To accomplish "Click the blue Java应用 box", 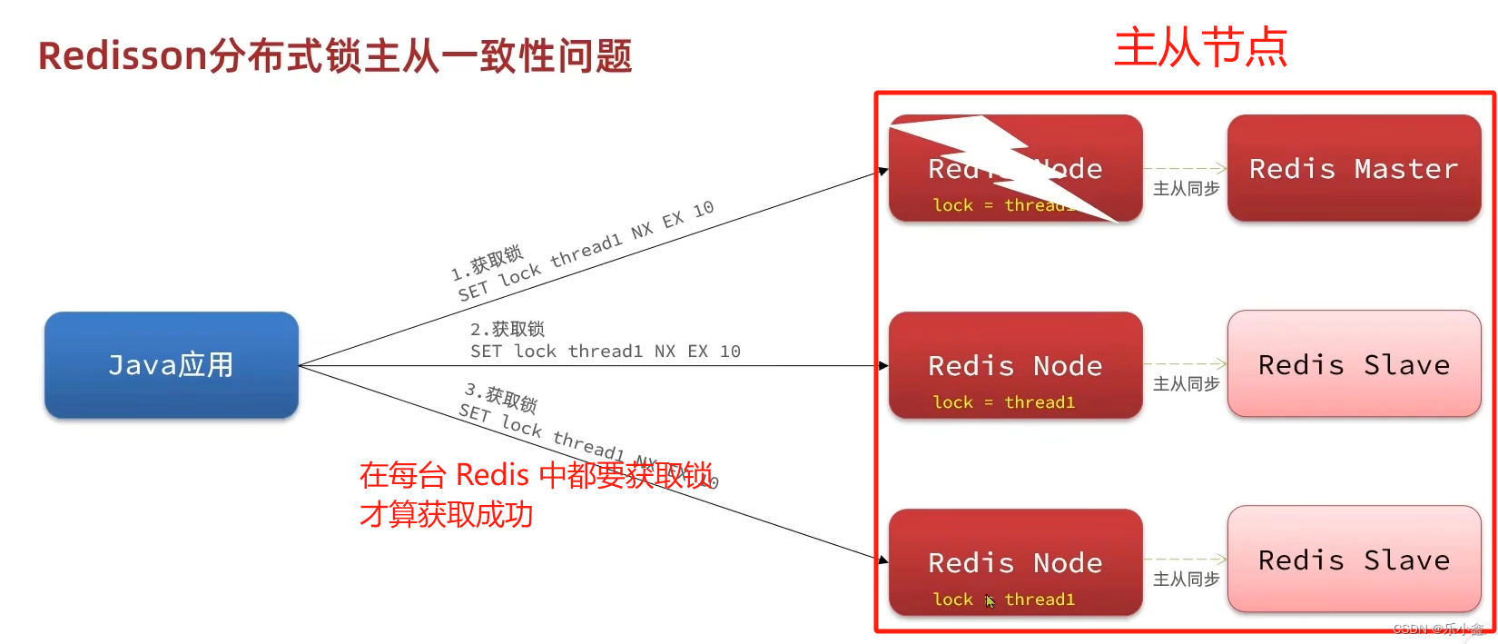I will click(171, 365).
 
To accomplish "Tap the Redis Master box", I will click(1354, 168).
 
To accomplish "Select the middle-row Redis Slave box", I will click(1354, 364).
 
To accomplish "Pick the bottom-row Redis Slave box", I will click(1354, 560).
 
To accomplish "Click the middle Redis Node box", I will click(1015, 365).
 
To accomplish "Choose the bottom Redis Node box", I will click(1015, 562).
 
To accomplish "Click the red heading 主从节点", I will click(1200, 47).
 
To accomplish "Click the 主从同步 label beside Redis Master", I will click(1186, 189).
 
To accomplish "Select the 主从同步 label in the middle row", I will click(1186, 384).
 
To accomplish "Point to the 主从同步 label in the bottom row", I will click(1186, 580).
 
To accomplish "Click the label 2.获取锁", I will click(507, 329).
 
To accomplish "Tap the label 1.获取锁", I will click(488, 262).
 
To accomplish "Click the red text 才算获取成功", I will click(446, 515).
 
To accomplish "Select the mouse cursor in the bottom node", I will click(990, 600).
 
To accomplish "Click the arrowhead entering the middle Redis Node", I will click(883, 366).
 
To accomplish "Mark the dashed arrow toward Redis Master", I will click(1186, 168).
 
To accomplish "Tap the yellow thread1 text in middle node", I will click(1040, 402).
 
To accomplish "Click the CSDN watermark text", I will click(1437, 629).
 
